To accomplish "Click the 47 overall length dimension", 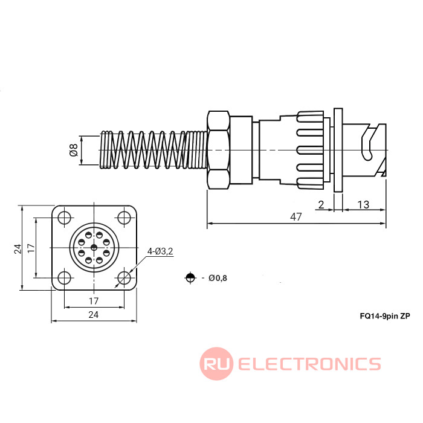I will click(295, 217).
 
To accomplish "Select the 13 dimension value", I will click(363, 204).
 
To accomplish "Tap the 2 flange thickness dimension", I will click(320, 204).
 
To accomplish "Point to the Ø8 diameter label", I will click(74, 150).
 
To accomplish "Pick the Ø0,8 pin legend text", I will click(218, 278).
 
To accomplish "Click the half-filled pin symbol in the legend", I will click(190, 278).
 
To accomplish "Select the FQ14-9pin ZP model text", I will click(384, 315).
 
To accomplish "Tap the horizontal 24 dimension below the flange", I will click(94, 314).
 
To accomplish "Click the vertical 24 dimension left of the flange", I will click(18, 248).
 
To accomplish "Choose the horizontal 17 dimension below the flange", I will click(94, 300).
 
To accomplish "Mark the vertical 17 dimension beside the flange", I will click(31, 248).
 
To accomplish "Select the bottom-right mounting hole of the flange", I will click(124, 278).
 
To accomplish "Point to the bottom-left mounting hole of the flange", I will click(63, 278).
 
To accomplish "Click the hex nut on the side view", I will click(218, 149).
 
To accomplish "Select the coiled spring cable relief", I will click(151, 149).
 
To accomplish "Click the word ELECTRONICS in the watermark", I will click(309, 364).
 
